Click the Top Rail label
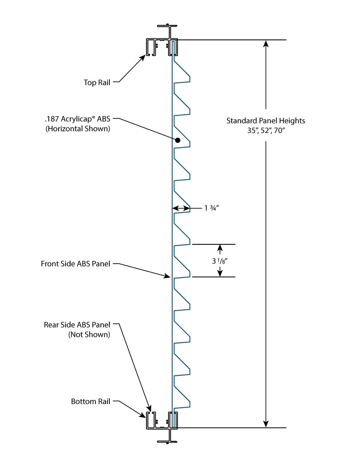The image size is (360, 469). tap(97, 83)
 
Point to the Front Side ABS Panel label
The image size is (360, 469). tap(75, 264)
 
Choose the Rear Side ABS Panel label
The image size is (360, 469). tap(77, 325)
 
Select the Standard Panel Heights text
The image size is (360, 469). tap(266, 120)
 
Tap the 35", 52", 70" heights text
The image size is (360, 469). tap(266, 131)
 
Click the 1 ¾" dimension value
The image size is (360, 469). tap(211, 208)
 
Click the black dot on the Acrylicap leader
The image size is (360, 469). tap(178, 140)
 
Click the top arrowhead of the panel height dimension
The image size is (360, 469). tap(266, 43)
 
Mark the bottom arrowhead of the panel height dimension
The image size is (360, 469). tap(266, 424)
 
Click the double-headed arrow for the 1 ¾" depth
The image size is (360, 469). tap(181, 208)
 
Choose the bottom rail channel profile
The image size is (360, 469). tap(162, 421)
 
